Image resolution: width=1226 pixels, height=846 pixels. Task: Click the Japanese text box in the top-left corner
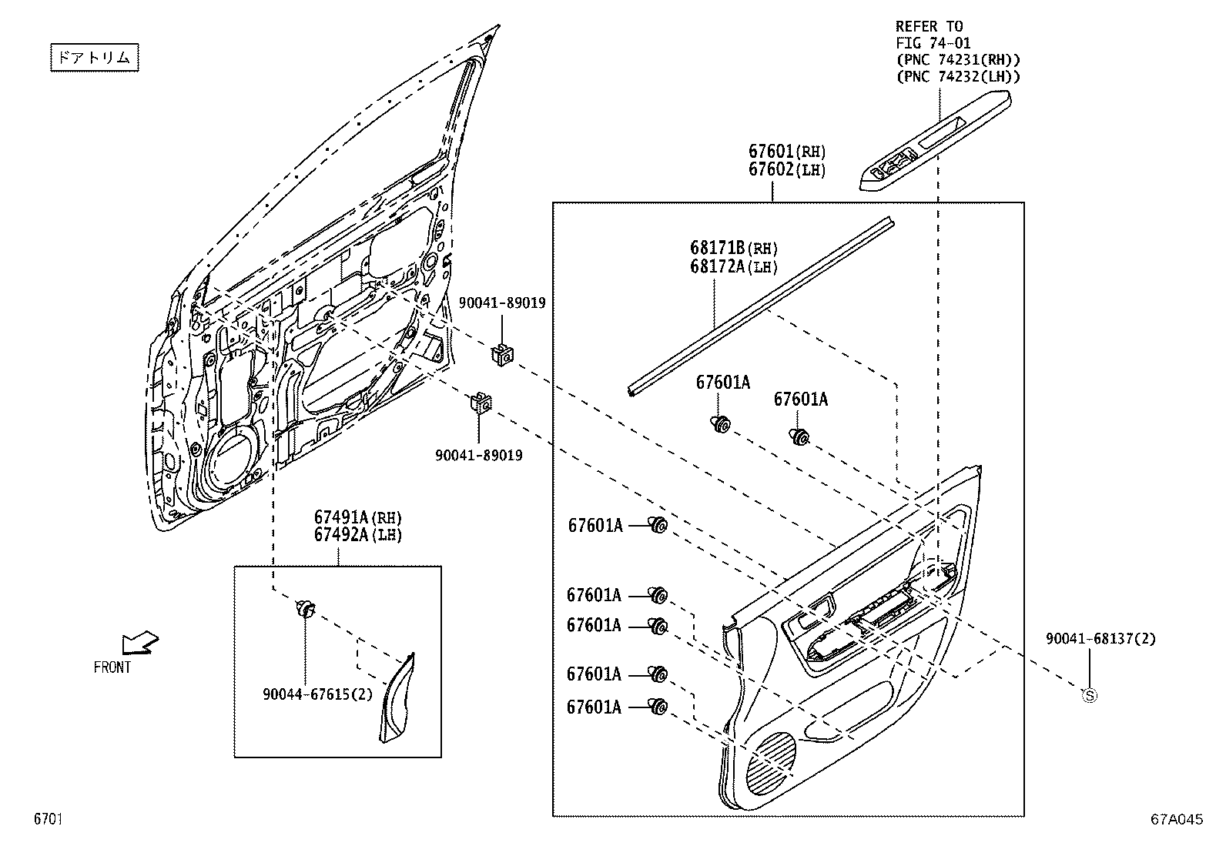[95, 58]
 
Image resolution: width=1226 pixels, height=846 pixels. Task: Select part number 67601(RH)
[786, 152]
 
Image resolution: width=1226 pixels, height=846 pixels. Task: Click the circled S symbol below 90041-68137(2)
[1090, 695]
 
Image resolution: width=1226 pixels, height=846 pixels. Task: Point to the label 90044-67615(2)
[317, 694]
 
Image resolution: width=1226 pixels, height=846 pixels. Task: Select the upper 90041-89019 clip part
[502, 354]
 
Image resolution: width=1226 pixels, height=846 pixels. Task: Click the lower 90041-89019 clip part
[481, 403]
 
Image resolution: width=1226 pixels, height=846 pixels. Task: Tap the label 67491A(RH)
[357, 517]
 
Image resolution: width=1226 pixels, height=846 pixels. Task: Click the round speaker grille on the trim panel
[770, 762]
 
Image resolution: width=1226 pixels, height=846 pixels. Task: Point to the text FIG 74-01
[933, 43]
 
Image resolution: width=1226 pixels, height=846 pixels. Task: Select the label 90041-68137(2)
[1100, 639]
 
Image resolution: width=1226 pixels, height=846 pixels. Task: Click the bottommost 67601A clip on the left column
[658, 706]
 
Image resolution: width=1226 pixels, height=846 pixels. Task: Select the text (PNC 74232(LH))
[958, 76]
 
